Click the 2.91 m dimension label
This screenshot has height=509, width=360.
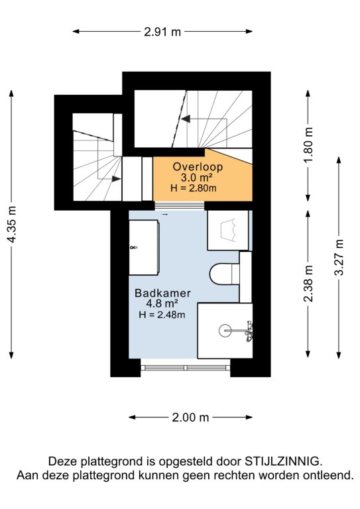click(x=162, y=32)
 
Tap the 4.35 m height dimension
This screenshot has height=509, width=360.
click(x=12, y=224)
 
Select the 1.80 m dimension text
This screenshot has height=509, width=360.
click(x=308, y=145)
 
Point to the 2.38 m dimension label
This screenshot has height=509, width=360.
click(x=308, y=284)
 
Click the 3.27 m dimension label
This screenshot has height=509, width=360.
click(x=339, y=257)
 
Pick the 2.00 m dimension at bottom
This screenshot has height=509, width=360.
click(x=190, y=418)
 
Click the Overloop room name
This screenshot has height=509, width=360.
click(x=198, y=167)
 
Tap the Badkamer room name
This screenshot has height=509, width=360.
click(x=162, y=293)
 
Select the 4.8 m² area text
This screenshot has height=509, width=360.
click(x=162, y=304)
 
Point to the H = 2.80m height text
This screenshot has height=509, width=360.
click(x=194, y=188)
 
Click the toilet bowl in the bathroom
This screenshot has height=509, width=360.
click(x=224, y=273)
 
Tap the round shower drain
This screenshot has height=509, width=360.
click(x=225, y=331)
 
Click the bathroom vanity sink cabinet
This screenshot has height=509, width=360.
click(x=144, y=247)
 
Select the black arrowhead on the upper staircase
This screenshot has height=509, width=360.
click(x=186, y=119)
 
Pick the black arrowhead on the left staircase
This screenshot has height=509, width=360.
click(x=116, y=178)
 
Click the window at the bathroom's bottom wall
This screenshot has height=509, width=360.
click(x=186, y=367)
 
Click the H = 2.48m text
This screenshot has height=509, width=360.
click(x=162, y=314)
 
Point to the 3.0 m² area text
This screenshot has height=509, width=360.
click(x=197, y=178)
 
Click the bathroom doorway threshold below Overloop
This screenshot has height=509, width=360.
click(x=180, y=206)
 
